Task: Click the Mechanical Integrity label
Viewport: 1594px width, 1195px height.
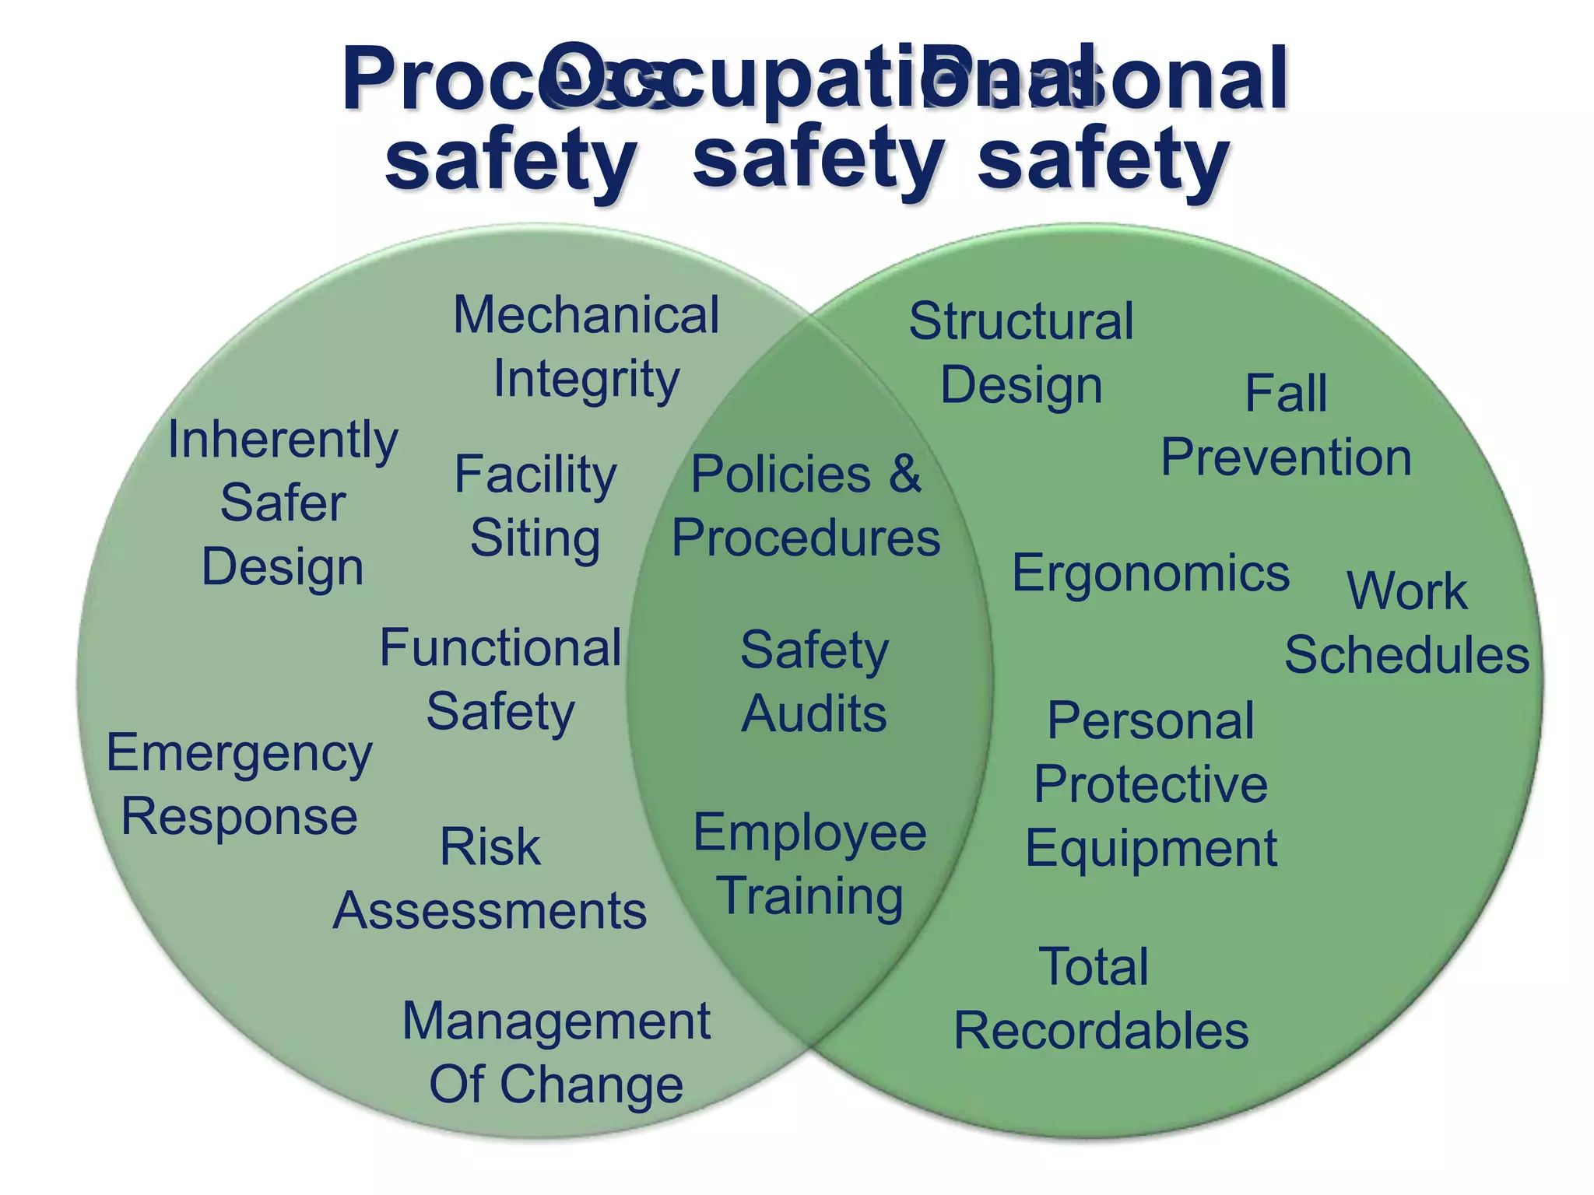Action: tap(586, 347)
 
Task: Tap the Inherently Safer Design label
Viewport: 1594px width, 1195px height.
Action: tap(283, 503)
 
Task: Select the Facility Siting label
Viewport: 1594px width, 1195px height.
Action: tap(535, 506)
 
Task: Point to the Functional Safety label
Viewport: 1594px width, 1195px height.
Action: tap(500, 679)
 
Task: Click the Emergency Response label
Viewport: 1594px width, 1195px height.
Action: tap(240, 784)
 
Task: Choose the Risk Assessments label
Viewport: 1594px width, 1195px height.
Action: tap(490, 878)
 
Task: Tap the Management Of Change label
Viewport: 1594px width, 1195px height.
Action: tap(556, 1052)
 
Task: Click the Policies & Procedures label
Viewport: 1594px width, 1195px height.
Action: tap(806, 506)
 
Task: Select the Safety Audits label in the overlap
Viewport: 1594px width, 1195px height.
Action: tap(814, 682)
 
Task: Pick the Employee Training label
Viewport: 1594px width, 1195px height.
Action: tap(810, 864)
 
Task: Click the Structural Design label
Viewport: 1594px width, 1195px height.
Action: tap(1021, 352)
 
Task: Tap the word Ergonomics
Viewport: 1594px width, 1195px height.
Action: tap(1150, 574)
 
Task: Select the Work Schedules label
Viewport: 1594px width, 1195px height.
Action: tap(1406, 622)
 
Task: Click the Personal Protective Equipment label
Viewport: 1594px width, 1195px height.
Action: tap(1150, 783)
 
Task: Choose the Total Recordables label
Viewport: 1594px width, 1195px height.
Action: tap(1101, 998)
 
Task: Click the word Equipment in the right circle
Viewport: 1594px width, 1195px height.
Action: tap(1151, 847)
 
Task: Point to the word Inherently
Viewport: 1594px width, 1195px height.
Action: tap(283, 440)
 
